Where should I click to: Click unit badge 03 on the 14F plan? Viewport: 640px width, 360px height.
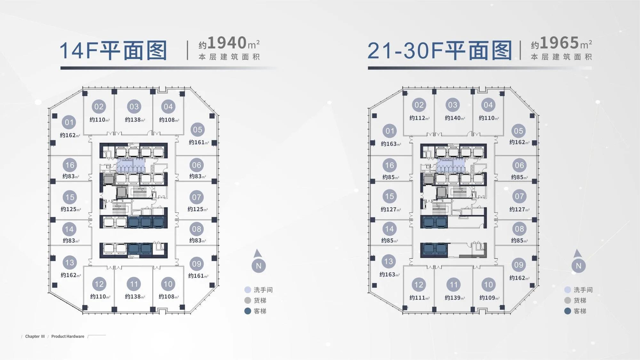[134, 107]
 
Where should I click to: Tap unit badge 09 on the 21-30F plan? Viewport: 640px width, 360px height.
[519, 265]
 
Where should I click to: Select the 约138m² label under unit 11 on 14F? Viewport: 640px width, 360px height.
[135, 297]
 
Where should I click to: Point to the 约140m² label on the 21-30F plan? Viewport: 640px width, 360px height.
[454, 118]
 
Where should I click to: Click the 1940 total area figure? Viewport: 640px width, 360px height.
[227, 43]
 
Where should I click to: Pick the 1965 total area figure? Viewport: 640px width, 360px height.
[559, 43]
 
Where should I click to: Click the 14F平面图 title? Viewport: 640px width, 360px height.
[113, 51]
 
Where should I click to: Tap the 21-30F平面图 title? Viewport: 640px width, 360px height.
[440, 51]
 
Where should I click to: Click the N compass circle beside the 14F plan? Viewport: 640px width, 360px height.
[259, 266]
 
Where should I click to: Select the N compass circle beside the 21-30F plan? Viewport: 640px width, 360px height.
[579, 266]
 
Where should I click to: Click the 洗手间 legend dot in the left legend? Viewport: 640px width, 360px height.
[248, 290]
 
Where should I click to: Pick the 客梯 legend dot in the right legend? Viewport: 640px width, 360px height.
[568, 311]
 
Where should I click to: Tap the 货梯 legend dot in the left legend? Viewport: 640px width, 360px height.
[248, 300]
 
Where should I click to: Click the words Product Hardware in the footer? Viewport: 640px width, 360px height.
[68, 336]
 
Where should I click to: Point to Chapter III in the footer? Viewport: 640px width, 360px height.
[35, 336]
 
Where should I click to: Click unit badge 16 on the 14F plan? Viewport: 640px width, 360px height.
[70, 165]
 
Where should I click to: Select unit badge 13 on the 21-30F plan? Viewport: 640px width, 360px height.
[388, 261]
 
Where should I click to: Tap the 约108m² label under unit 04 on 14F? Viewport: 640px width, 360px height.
[169, 120]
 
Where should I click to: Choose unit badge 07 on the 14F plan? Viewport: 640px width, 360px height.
[196, 197]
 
